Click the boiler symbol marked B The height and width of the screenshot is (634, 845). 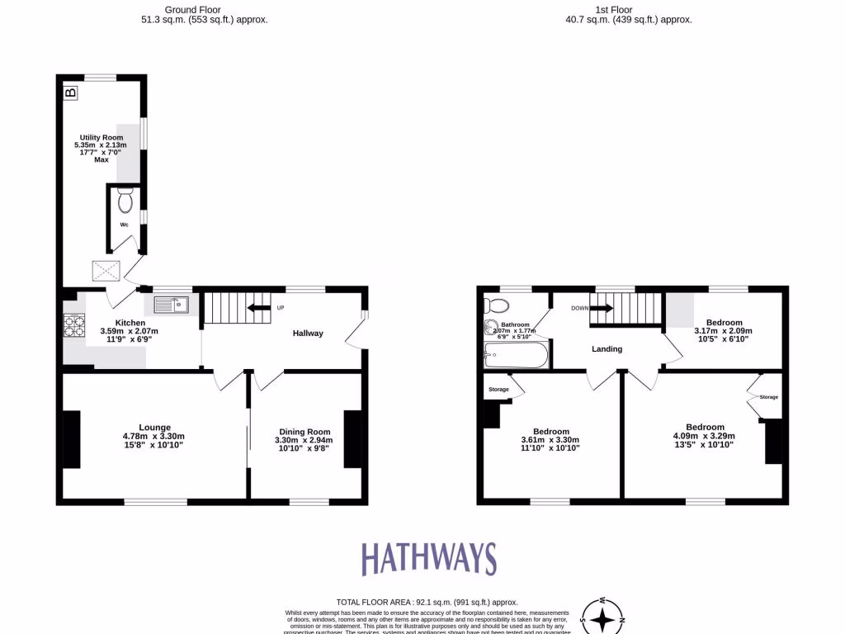coord(71,92)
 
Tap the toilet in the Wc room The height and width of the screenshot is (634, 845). coord(125,201)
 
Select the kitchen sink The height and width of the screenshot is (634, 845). coord(172,305)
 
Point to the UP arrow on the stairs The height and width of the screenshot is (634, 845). coord(260,308)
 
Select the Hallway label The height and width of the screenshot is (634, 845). coord(308,334)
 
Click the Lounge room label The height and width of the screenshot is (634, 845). coord(154,427)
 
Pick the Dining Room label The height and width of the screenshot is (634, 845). coord(304,432)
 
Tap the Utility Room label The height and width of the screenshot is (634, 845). coord(101,137)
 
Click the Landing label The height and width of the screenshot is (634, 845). coord(607,349)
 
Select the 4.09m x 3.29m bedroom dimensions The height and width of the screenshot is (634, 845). coord(703,436)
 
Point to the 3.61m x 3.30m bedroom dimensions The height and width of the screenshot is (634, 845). coord(550,440)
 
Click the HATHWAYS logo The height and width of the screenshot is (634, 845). coord(429,559)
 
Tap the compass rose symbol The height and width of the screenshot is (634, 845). coord(603,617)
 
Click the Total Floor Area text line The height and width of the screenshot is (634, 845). coord(427,603)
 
